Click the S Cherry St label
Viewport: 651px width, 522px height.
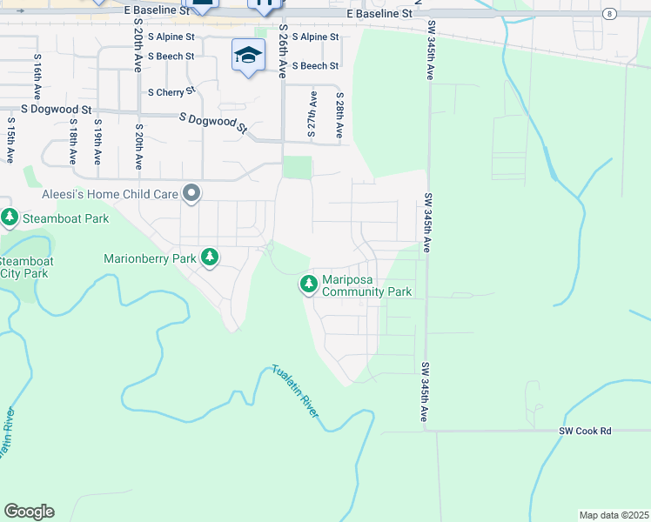(171, 91)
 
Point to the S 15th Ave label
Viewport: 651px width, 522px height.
(10, 139)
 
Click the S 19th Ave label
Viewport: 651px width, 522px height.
(97, 141)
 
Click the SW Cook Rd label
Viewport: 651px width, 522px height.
(585, 431)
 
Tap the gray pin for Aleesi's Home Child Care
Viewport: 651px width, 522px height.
(191, 193)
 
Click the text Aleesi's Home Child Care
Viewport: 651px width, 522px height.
(110, 193)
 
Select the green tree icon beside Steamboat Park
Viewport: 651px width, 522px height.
(10, 217)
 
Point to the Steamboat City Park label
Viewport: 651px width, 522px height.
(24, 267)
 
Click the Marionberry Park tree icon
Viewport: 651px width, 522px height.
(209, 258)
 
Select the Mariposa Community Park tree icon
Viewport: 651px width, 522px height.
(308, 284)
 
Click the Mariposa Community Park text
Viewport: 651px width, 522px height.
(366, 285)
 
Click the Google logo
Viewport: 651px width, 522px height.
(29, 512)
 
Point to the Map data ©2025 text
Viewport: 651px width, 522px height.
(614, 515)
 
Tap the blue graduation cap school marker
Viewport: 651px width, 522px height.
(249, 56)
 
